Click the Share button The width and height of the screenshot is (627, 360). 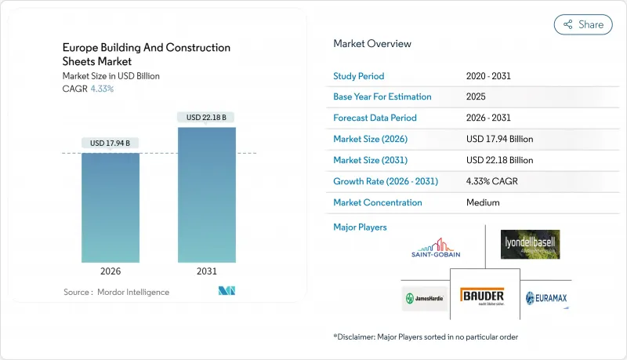[x=583, y=24]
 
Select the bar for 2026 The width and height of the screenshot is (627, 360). [x=111, y=208]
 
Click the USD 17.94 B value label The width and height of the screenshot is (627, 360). [x=111, y=143]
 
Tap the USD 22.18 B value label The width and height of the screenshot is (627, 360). [x=207, y=118]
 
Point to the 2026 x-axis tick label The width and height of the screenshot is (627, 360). [x=111, y=271]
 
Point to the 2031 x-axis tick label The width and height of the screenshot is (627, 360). [x=207, y=271]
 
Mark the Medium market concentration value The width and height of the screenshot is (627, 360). [x=483, y=202]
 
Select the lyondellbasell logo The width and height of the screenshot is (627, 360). [x=531, y=245]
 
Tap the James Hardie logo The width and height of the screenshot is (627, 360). [x=425, y=298]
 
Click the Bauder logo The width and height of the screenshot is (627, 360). [x=482, y=296]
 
